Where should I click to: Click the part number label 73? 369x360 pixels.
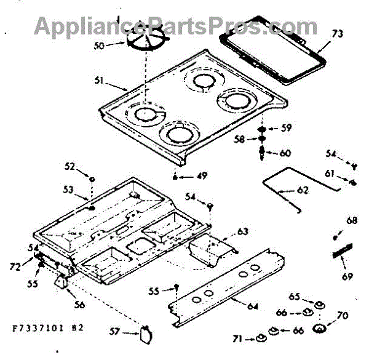(x=338, y=34)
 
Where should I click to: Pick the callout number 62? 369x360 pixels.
(x=303, y=190)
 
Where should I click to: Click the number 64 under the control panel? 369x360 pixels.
(x=253, y=306)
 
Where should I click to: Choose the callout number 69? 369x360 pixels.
(x=348, y=276)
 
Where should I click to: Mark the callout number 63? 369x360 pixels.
(x=243, y=231)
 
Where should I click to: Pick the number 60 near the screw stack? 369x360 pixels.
(x=285, y=153)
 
